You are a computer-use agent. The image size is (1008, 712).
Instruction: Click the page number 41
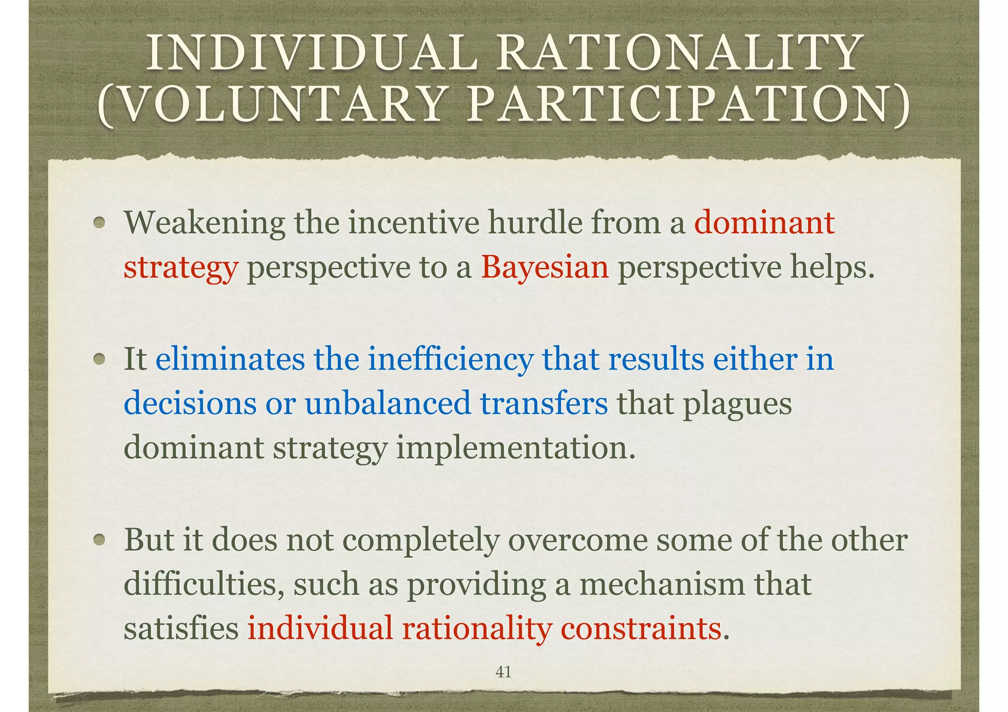click(x=503, y=672)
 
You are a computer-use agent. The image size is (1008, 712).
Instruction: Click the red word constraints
click(x=640, y=628)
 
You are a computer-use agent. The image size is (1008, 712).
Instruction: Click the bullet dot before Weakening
click(x=100, y=223)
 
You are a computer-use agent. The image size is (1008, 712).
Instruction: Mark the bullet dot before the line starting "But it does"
click(x=100, y=540)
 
